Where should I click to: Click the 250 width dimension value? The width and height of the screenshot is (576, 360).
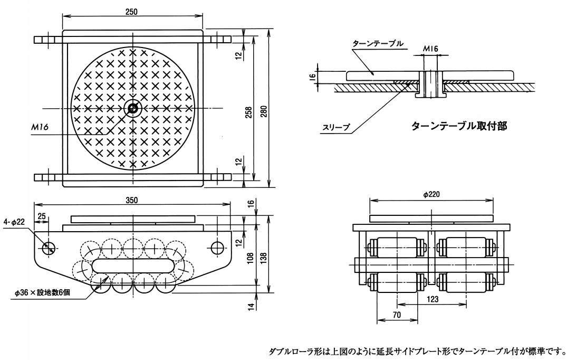click(132, 12)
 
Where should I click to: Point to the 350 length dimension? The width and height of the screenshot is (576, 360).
click(132, 200)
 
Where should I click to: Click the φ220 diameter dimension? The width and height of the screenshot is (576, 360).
click(431, 194)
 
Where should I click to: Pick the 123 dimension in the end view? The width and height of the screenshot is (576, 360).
click(432, 299)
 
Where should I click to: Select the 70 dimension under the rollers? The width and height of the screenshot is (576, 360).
click(398, 315)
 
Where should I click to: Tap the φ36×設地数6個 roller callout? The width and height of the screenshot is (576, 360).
click(44, 291)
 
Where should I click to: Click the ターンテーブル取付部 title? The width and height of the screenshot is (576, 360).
click(458, 127)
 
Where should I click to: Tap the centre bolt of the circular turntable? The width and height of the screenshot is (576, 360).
click(132, 109)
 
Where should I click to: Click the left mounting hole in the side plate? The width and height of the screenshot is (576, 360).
click(49, 247)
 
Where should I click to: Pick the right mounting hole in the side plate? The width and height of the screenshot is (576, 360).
click(217, 247)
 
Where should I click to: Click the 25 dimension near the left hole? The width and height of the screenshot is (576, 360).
click(42, 216)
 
